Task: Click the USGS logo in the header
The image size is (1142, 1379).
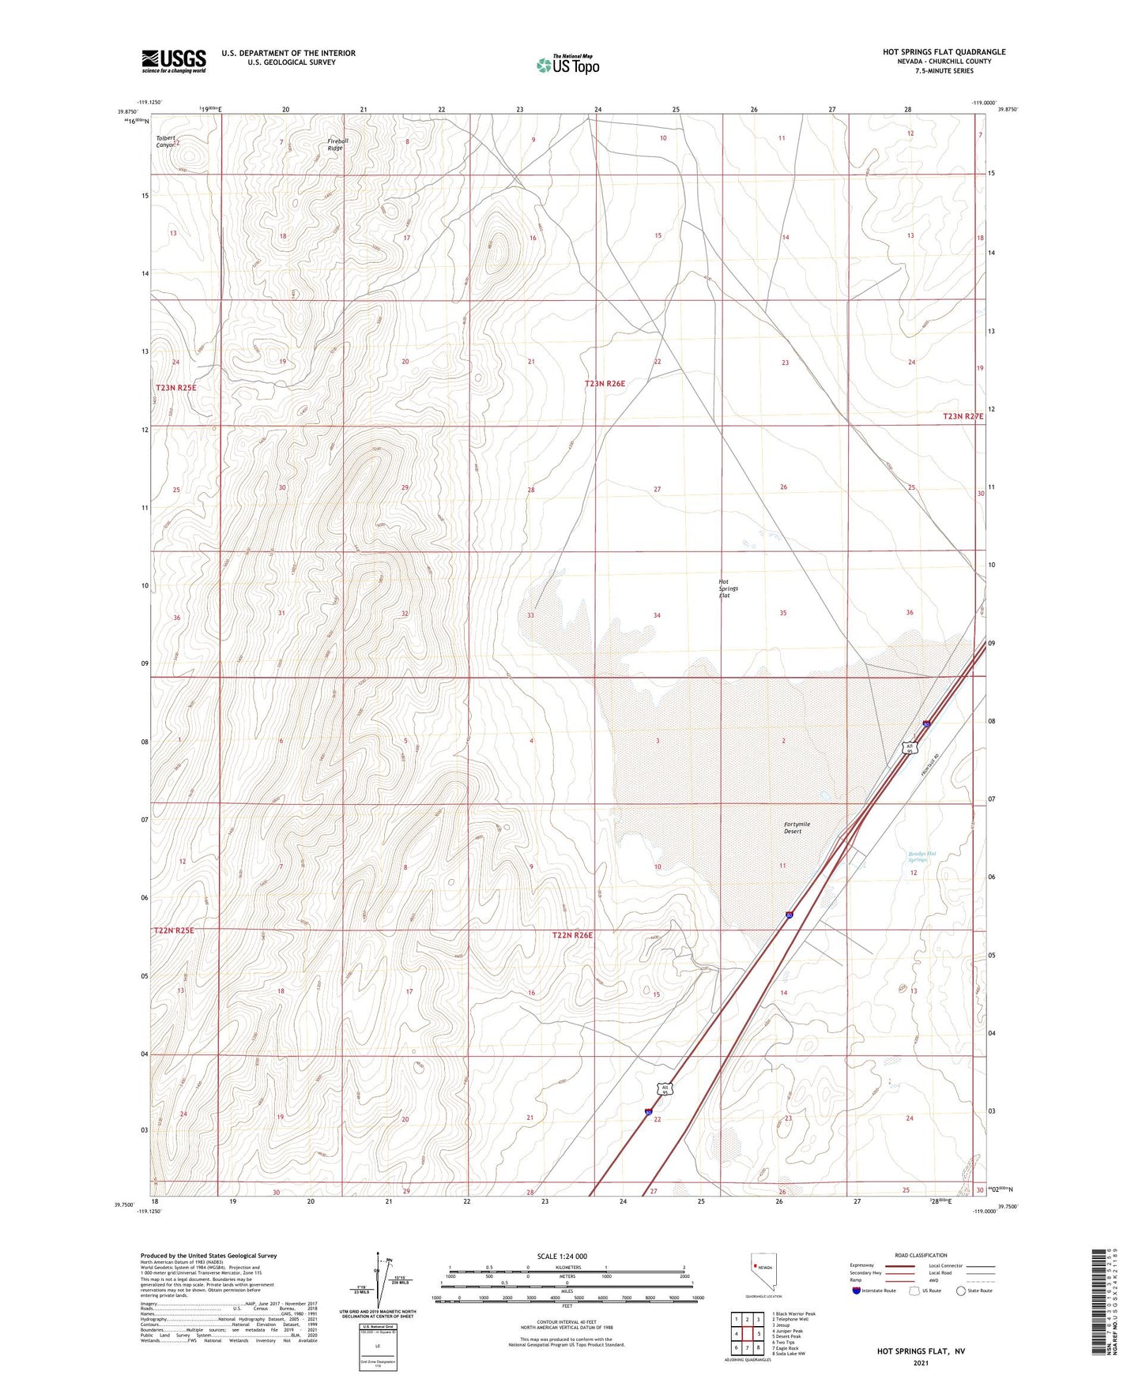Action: tap(174, 61)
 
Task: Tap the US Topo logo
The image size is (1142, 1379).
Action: tap(568, 65)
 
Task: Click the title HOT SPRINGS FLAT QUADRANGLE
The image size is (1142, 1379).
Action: tap(944, 52)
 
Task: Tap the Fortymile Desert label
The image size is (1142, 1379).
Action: tap(797, 828)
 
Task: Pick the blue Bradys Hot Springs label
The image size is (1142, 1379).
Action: tap(921, 856)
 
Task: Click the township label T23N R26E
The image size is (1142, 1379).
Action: tap(605, 384)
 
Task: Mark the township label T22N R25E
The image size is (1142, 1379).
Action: tap(174, 931)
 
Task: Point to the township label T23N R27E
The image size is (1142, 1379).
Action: tap(963, 416)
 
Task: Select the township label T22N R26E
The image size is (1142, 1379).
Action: tap(572, 935)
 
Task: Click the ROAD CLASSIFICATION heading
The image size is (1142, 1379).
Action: tap(921, 1255)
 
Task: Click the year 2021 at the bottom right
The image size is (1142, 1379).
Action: tap(920, 1362)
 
